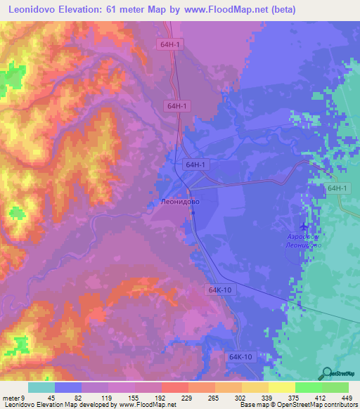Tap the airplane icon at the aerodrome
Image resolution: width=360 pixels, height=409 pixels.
pyautogui.click(x=304, y=226)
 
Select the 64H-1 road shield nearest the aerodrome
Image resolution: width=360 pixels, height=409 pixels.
pyautogui.click(x=337, y=189)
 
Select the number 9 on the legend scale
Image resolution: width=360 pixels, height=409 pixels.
pyautogui.click(x=22, y=398)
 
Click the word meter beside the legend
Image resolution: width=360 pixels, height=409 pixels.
pyautogui.click(x=11, y=398)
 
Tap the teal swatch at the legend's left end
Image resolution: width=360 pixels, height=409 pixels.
pyautogui.click(x=41, y=387)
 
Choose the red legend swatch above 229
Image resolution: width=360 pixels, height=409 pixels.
pyautogui.click(x=174, y=387)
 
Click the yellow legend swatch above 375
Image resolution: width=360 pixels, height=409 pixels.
pyautogui.click(x=281, y=387)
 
